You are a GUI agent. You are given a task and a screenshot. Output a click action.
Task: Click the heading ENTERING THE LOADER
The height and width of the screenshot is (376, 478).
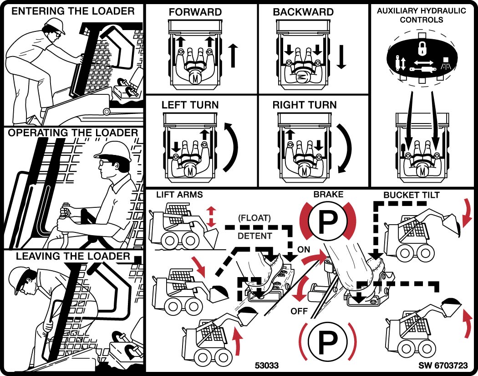[73, 11]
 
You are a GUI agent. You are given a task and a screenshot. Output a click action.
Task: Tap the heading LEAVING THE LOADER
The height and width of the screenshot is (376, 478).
[73, 256]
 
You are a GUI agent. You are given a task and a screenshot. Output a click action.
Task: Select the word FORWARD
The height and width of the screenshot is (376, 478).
[195, 12]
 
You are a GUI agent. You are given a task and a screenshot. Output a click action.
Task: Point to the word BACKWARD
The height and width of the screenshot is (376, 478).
[303, 12]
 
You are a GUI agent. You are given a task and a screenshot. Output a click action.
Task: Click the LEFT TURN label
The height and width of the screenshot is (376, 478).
[190, 105]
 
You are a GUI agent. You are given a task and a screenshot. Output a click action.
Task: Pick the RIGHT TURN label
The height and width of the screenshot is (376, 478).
[305, 105]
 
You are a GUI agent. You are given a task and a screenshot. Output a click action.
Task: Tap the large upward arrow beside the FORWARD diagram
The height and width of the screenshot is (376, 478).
[233, 55]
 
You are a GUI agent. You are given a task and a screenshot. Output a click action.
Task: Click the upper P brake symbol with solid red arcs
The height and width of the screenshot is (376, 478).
[328, 221]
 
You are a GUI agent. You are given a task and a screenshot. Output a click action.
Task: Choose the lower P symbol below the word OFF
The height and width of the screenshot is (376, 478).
[327, 341]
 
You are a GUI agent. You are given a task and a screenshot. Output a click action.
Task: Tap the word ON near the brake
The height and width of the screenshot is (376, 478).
[304, 249]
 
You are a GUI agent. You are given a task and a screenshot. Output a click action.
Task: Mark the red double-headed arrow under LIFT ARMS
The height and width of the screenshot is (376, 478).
[210, 216]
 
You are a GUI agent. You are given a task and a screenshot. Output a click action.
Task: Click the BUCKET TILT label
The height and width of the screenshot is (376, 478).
[412, 195]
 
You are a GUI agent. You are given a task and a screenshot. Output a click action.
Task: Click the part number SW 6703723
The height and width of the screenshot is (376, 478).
[444, 366]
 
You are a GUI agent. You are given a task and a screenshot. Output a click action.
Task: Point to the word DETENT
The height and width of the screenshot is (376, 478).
[255, 236]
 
